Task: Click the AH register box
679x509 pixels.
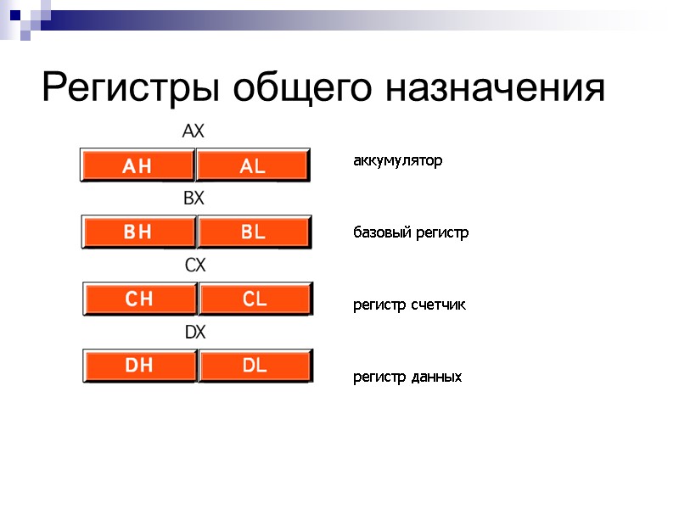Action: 137,166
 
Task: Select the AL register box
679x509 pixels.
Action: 253,166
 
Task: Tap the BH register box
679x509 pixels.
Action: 138,232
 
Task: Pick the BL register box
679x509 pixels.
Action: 254,232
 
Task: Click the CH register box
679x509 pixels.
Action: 139,299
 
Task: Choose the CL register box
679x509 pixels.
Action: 255,299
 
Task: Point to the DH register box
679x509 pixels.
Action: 139,366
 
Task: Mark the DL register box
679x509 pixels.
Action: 255,366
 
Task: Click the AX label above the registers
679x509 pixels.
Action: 194,132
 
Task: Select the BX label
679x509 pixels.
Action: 194,199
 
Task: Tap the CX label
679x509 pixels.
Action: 195,266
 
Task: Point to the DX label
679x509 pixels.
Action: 195,333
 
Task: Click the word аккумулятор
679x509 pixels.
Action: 397,160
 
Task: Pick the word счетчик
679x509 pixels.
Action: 439,305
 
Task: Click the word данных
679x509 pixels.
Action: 436,377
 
